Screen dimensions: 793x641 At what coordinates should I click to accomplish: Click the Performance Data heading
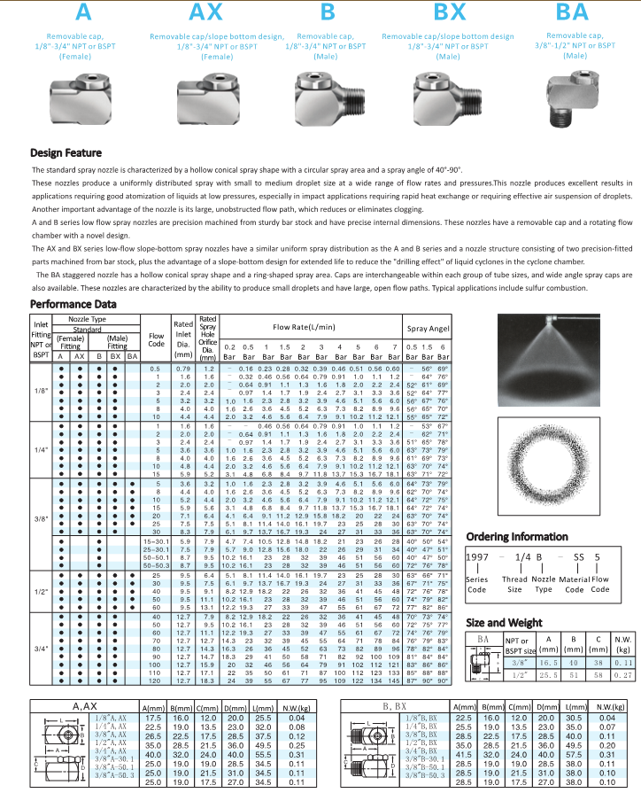(x=73, y=304)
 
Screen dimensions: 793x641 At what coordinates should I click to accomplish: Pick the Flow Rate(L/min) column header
(x=309, y=327)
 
